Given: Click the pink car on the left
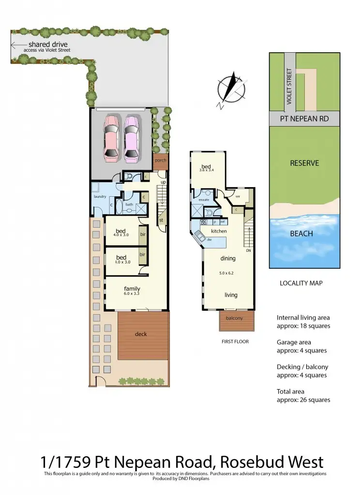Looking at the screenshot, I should (111, 138).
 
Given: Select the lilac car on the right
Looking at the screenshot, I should (131, 138).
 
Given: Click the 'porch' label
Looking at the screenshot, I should (160, 160).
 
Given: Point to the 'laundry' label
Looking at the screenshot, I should (100, 196).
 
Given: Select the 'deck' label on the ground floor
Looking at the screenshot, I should (141, 334).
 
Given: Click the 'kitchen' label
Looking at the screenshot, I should (219, 232).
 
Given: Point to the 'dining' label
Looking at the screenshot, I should (228, 259).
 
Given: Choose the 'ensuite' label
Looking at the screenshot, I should (203, 199).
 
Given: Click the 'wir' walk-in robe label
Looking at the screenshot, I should (238, 196).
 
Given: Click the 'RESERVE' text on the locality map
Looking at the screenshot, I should (304, 163).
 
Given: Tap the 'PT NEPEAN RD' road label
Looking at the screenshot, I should (304, 118).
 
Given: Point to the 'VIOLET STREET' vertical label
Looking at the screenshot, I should (290, 87).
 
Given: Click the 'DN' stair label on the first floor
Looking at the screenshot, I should (248, 251).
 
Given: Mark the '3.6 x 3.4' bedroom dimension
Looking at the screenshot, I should (207, 170).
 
